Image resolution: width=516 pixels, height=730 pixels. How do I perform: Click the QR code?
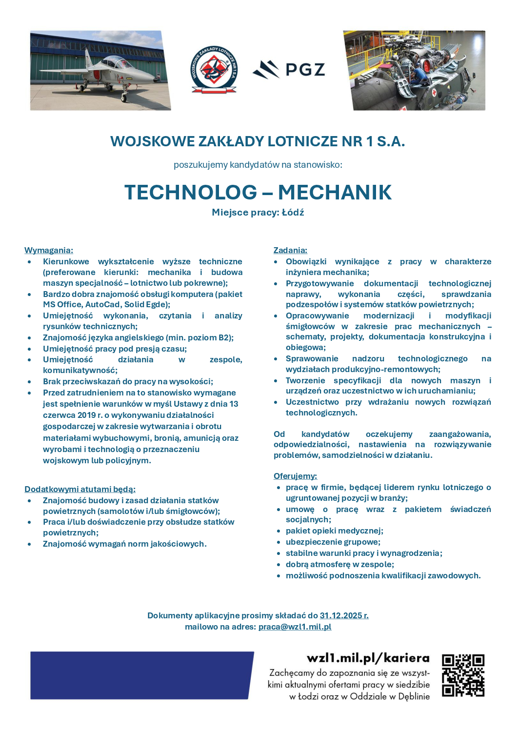(463, 675)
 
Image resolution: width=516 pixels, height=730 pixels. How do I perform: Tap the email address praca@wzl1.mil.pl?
(295, 627)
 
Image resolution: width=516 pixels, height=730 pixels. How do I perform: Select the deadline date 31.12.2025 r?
(344, 615)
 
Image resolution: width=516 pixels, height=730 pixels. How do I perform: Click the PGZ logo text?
(305, 70)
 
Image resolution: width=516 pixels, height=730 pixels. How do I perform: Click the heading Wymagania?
(49, 250)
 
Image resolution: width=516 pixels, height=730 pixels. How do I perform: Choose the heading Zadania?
(290, 250)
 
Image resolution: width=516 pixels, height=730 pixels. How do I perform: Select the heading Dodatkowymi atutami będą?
(80, 489)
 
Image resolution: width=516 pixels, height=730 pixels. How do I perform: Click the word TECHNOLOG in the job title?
(191, 192)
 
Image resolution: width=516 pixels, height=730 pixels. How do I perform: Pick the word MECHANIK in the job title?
(335, 192)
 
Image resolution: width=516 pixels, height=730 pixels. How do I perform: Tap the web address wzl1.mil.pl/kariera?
(368, 658)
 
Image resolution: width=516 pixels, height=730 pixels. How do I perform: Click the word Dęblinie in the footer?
(414, 696)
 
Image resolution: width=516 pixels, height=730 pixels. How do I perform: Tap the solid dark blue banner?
(141, 675)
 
